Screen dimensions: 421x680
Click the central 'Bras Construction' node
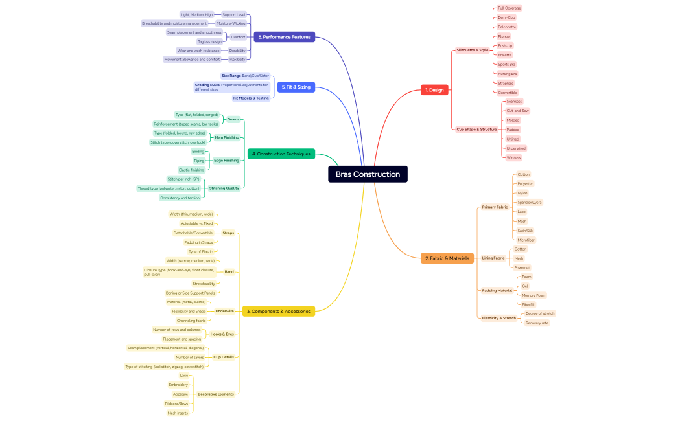tap(368, 174)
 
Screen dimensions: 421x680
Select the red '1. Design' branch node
tap(434, 90)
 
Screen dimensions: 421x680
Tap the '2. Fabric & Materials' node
tap(447, 258)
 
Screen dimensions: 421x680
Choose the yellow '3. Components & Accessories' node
tap(278, 312)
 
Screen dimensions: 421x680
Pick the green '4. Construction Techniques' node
tap(281, 154)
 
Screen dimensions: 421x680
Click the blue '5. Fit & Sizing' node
tap(296, 87)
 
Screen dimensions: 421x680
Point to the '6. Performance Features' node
tap(284, 37)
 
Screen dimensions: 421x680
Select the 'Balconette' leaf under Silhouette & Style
tap(507, 27)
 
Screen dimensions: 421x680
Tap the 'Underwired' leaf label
tap(516, 148)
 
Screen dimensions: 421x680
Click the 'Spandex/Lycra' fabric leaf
tap(530, 203)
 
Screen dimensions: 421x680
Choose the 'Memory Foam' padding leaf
tap(533, 295)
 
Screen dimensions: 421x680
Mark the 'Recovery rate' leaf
tap(537, 323)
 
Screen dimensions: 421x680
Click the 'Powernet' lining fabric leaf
tap(522, 267)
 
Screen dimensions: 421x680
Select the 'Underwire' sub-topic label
tap(224, 311)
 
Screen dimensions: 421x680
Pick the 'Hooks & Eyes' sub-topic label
tap(222, 334)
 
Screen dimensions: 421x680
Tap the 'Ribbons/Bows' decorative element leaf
tap(176, 404)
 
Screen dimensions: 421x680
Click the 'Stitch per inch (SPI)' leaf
tap(183, 179)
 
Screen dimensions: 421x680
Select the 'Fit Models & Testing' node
tap(251, 98)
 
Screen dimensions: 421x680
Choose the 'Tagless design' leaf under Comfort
tap(209, 41)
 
